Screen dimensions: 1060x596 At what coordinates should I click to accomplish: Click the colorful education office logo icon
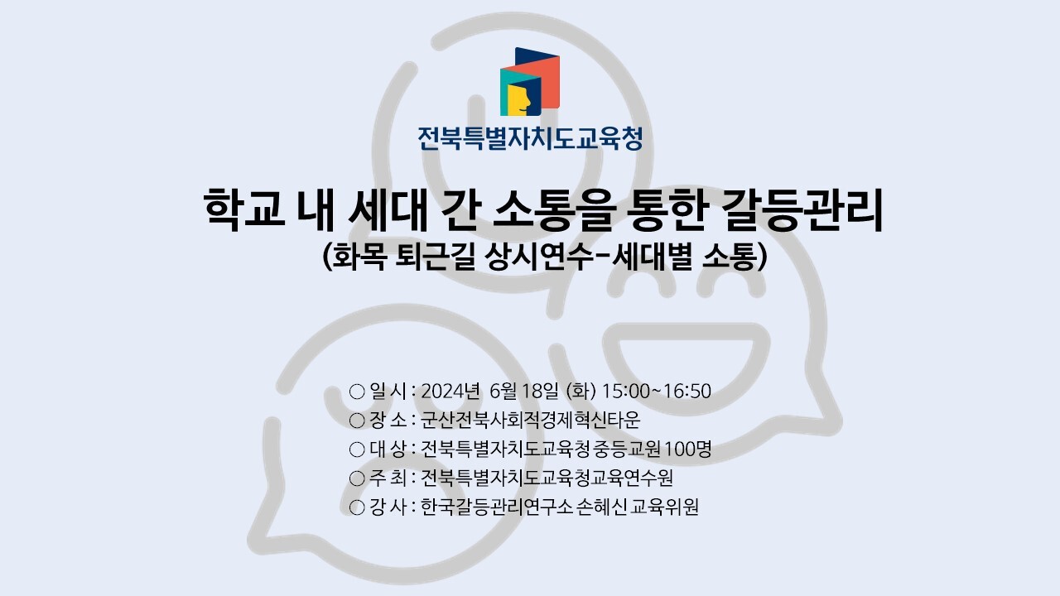click(x=530, y=81)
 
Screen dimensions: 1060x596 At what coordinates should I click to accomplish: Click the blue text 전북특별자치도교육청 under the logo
click(x=530, y=138)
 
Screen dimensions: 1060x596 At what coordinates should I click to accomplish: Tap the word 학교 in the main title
click(x=244, y=209)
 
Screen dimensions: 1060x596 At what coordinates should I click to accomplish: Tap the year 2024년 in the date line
click(x=450, y=392)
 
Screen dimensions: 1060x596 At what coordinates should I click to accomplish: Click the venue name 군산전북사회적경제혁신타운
click(x=531, y=420)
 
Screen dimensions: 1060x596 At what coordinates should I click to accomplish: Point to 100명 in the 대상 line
click(x=688, y=449)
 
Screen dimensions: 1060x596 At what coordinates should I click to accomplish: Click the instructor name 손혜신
click(x=602, y=507)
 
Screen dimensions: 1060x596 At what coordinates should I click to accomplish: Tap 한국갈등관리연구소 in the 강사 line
click(x=497, y=507)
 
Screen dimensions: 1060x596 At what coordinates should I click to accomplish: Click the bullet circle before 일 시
click(x=357, y=392)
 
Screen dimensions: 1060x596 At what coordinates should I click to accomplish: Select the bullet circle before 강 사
click(x=357, y=507)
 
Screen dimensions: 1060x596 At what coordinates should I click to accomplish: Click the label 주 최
click(x=388, y=478)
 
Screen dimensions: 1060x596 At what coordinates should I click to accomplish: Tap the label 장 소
click(x=388, y=420)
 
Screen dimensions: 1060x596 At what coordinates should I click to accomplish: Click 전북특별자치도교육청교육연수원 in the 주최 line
click(x=547, y=478)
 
